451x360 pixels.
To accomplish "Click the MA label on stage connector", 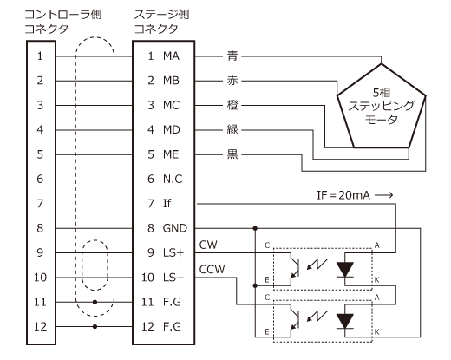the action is [x=171, y=56].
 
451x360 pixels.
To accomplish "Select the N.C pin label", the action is [x=173, y=179].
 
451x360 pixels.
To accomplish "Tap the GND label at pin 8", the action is [x=175, y=228].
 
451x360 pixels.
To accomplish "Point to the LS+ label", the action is [x=173, y=252].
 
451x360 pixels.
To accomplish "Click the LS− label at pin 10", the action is [x=173, y=278].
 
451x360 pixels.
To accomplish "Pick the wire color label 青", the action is [x=232, y=56].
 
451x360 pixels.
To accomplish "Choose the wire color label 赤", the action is [x=232, y=81].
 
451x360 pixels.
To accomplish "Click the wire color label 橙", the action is [x=232, y=105].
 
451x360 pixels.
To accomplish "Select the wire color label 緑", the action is [x=232, y=129].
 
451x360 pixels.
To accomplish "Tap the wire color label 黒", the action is [x=232, y=154].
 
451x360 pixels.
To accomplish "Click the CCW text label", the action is [x=212, y=269].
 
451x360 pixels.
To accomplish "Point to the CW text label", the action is [x=208, y=245].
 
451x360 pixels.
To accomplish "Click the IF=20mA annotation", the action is [x=343, y=195].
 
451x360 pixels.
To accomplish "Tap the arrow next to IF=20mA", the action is [x=384, y=195].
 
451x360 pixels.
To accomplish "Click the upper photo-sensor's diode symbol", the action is [x=345, y=270].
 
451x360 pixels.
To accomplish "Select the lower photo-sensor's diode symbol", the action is [x=345, y=321].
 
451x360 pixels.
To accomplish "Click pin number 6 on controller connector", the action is [x=40, y=179].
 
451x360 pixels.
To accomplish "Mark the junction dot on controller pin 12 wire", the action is [x=95, y=327].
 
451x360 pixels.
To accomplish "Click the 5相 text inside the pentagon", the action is [x=382, y=93].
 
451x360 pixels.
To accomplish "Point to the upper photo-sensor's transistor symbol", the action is [x=293, y=268].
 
